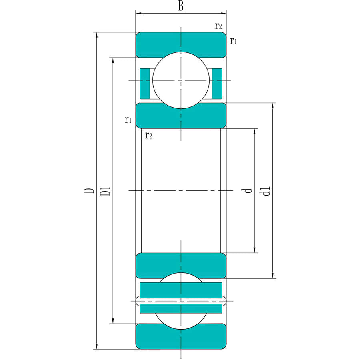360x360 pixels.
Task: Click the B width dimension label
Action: pyautogui.click(x=181, y=6)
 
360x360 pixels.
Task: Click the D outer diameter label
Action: pyautogui.click(x=89, y=190)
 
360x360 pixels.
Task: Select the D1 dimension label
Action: pyautogui.click(x=105, y=191)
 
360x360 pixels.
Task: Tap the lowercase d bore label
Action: pyautogui.click(x=247, y=191)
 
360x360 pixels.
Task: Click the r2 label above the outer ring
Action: pyautogui.click(x=218, y=26)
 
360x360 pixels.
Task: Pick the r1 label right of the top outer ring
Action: pyautogui.click(x=233, y=41)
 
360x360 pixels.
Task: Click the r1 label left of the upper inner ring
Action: pyautogui.click(x=128, y=120)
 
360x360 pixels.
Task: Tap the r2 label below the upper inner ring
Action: pyautogui.click(x=148, y=136)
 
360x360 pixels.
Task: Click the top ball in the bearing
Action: pyautogui.click(x=181, y=80)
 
